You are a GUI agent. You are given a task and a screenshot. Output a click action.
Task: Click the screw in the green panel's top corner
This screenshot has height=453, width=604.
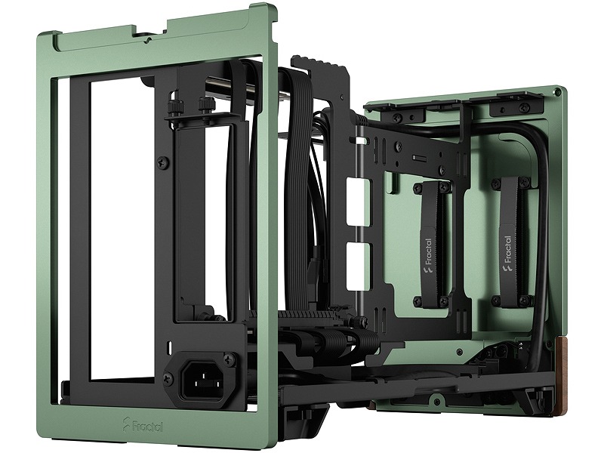pyautogui.click(x=556, y=91)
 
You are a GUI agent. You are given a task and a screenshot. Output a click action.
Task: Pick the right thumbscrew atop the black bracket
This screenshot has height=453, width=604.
pyautogui.click(x=204, y=106)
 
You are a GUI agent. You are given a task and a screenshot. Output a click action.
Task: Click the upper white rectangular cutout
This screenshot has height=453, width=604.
pyautogui.click(x=357, y=201)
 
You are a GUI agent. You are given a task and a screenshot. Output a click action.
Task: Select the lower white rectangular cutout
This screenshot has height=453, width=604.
pyautogui.click(x=357, y=267)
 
